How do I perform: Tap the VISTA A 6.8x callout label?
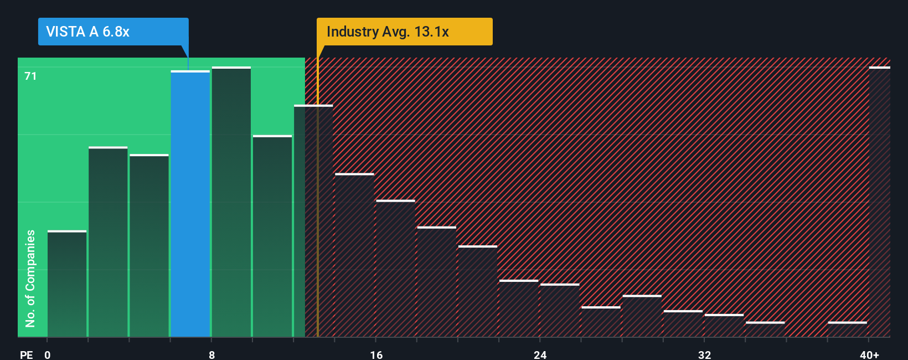pyautogui.click(x=87, y=32)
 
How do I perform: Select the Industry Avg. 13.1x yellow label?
pyautogui.click(x=388, y=32)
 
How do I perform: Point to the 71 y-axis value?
pyautogui.click(x=30, y=76)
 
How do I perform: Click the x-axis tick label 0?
pyautogui.click(x=48, y=354)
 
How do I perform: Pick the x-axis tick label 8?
pyautogui.click(x=211, y=354)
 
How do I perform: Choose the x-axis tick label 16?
pyautogui.click(x=376, y=354)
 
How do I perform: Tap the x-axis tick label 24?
pyautogui.click(x=540, y=354)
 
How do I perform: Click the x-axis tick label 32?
pyautogui.click(x=704, y=354)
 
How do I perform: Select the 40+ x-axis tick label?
pyautogui.click(x=869, y=354)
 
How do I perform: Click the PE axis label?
pyautogui.click(x=26, y=354)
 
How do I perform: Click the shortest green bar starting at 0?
pyautogui.click(x=67, y=284)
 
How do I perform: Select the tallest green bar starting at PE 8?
pyautogui.click(x=231, y=202)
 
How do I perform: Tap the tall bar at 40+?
pyautogui.click(x=879, y=202)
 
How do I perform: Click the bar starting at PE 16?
pyautogui.click(x=395, y=269)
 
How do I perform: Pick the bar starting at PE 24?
pyautogui.click(x=560, y=310)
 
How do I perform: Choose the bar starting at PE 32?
pyautogui.click(x=724, y=326)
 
